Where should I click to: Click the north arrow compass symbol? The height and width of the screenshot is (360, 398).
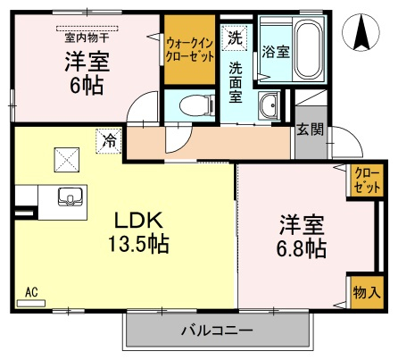pyautogui.click(x=361, y=31)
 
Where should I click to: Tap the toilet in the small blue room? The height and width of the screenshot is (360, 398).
pyautogui.click(x=197, y=105)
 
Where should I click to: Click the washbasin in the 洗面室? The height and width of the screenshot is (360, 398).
pyautogui.click(x=269, y=106)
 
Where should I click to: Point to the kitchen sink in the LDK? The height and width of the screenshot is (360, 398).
pyautogui.click(x=70, y=197)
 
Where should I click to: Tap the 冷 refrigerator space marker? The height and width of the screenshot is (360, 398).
pyautogui.click(x=109, y=141)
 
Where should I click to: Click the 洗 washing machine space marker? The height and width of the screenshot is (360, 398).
pyautogui.click(x=235, y=38)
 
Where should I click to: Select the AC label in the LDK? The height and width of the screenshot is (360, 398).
pyautogui.click(x=31, y=292)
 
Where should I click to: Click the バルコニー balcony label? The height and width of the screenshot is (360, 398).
pyautogui.click(x=217, y=331)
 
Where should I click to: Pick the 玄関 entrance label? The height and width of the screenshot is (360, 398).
pyautogui.click(x=311, y=130)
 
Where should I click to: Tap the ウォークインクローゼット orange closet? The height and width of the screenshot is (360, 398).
pyautogui.click(x=189, y=49)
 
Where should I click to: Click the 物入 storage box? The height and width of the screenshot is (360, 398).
pyautogui.click(x=367, y=292)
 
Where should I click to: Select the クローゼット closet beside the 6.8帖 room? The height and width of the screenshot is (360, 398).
pyautogui.click(x=367, y=180)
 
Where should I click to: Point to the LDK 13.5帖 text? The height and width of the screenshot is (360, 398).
pyautogui.click(x=138, y=232)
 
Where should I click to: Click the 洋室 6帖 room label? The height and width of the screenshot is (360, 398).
pyautogui.click(x=87, y=73)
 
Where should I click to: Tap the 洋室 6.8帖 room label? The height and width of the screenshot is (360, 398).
pyautogui.click(x=302, y=236)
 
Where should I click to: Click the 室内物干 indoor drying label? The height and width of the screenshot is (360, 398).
pyautogui.click(x=87, y=38)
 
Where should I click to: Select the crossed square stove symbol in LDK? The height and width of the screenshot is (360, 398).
pyautogui.click(x=67, y=160)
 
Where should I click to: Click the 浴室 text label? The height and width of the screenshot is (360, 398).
pyautogui.click(x=276, y=52)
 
